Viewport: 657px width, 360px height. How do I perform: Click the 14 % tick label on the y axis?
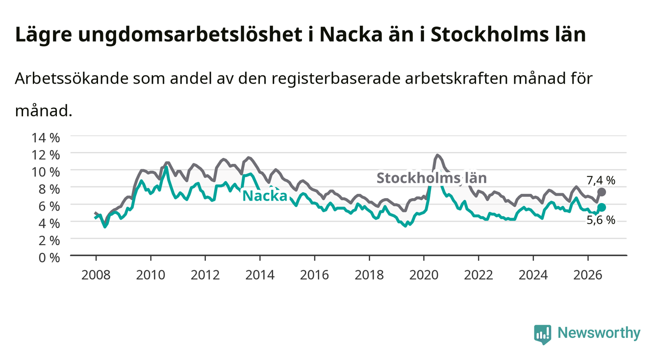click(46, 138)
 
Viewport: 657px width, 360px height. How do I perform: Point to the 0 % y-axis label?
click(49, 257)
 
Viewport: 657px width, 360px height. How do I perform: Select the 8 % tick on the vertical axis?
click(49, 189)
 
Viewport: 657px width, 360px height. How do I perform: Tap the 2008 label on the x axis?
click(96, 275)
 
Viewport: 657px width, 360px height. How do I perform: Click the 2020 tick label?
click(424, 275)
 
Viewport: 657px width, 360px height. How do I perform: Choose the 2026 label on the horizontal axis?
click(588, 275)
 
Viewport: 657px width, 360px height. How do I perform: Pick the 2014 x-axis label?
click(260, 275)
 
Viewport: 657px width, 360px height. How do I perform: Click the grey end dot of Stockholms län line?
click(602, 192)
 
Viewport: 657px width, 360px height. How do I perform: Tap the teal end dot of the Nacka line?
click(602, 207)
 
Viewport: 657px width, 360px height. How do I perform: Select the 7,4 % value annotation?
click(601, 180)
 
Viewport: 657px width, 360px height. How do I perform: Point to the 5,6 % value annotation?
click(601, 220)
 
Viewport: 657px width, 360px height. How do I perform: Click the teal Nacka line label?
click(265, 196)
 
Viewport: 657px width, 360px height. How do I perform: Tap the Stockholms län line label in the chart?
click(431, 178)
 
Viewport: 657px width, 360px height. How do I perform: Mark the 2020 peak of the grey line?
click(437, 155)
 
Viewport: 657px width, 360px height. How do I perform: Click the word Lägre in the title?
click(44, 35)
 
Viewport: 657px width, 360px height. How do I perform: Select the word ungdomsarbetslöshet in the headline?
click(190, 35)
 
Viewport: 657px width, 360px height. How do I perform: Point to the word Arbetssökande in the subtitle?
click(72, 78)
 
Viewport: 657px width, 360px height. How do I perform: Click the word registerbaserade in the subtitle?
click(336, 79)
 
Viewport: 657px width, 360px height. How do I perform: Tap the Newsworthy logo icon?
click(543, 334)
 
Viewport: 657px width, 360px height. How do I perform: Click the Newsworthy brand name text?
click(599, 334)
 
